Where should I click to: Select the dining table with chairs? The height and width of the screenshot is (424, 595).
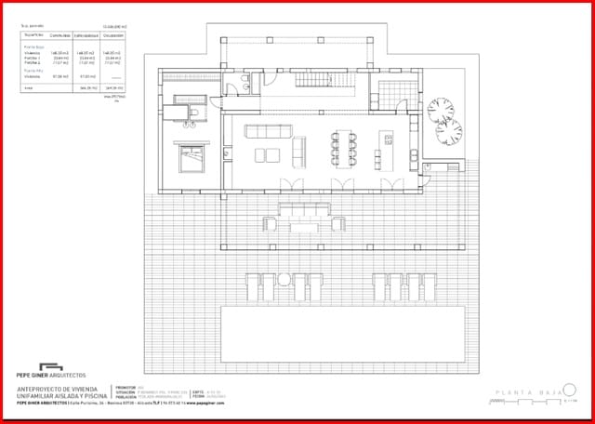coord(342,145)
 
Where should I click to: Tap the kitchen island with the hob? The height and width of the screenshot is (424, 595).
coord(386,145)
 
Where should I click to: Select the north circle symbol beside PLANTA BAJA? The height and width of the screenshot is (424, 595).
coord(570,391)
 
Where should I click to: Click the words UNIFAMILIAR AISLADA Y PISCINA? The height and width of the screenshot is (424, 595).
coord(61,396)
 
